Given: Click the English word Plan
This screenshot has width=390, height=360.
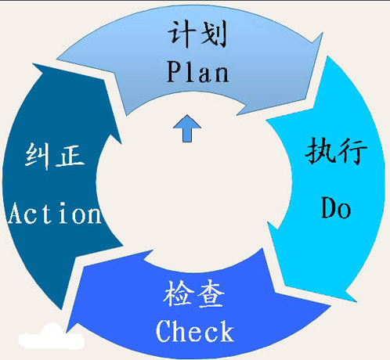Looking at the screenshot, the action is pos(197,71).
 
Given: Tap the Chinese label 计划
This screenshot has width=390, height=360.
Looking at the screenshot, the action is pos(197,34).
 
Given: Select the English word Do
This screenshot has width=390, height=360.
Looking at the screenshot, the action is pos(336,207).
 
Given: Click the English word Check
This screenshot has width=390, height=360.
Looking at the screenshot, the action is pos(195,331).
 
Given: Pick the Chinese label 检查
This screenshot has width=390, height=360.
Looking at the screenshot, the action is pos(193,293).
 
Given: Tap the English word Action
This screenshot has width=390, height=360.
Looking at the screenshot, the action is pos(55,213).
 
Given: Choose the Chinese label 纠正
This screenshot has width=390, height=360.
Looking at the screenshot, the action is pos(55,156).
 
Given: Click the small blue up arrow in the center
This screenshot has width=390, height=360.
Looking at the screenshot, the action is pos(187,128).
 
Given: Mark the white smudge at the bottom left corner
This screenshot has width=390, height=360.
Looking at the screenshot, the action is pos(52,337).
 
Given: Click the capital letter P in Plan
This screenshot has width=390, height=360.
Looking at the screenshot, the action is pos(174,72).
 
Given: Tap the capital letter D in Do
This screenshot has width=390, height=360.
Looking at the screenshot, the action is pos(328,207).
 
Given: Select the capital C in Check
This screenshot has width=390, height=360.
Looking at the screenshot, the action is pos(164,331).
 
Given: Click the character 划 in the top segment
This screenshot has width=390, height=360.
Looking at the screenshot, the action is pos(213,34).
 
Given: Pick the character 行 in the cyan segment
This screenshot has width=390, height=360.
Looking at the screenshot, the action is pos(353,151).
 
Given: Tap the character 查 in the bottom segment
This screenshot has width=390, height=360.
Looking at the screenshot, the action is pos(211,294).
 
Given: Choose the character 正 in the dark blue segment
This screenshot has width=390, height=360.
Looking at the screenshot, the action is pos(70,156).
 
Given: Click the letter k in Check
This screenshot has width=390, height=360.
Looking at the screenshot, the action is pos(226,331).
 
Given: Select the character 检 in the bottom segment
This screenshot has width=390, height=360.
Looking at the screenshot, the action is pos(179,293).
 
